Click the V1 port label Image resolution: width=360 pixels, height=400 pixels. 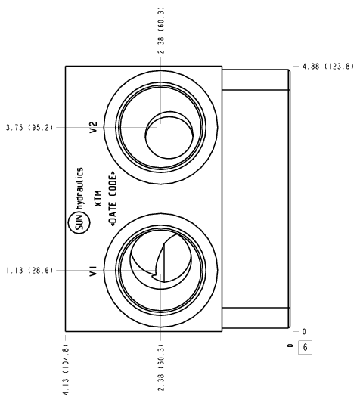[x=93, y=271]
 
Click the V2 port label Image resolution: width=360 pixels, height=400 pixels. [x=93, y=127]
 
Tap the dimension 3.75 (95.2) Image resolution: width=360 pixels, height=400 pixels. [x=29, y=127]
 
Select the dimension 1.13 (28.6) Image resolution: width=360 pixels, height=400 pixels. [x=29, y=270]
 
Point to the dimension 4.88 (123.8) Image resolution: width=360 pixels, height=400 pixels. [x=328, y=67]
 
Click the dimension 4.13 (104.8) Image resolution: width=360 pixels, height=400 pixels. [x=66, y=370]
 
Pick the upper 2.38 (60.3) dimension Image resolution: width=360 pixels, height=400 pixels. [x=161, y=30]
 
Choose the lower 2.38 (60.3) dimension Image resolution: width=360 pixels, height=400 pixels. [x=161, y=367]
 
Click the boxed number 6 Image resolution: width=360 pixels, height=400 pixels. [x=305, y=347]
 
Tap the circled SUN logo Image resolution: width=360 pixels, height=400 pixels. [x=79, y=224]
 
